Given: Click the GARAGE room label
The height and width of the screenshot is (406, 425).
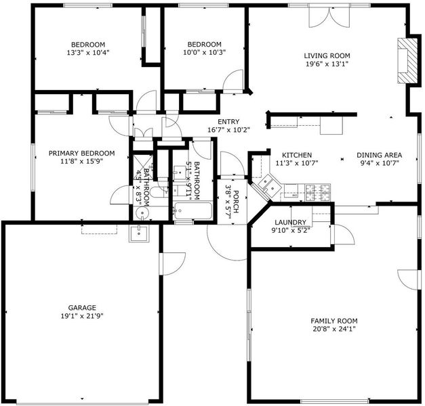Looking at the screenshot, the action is (x=82, y=308).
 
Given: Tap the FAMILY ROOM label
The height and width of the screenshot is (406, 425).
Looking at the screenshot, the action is (x=334, y=321).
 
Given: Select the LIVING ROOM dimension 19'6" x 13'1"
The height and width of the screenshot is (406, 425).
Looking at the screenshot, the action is (x=327, y=64).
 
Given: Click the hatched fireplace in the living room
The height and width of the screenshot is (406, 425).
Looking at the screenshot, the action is (x=407, y=61).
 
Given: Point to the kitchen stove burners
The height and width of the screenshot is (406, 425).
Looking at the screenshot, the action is (x=318, y=192).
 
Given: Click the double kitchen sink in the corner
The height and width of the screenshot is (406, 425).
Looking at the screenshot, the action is (x=269, y=185).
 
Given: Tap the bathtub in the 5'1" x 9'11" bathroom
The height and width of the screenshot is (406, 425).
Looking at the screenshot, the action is (x=193, y=211).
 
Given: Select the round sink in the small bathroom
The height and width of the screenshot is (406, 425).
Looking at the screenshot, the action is (x=142, y=212).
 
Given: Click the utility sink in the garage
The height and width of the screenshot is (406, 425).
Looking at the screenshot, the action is (x=139, y=233).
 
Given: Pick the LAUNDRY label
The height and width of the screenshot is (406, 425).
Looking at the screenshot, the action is (x=290, y=223).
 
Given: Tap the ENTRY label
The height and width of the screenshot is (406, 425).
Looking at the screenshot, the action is (x=228, y=122).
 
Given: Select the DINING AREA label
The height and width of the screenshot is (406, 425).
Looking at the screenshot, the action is (x=379, y=155).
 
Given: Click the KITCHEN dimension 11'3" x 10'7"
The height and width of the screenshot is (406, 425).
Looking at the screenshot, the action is (x=297, y=163).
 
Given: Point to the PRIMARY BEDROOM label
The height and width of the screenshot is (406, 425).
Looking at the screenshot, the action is (x=81, y=153).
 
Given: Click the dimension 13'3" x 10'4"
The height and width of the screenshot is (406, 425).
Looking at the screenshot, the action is (x=88, y=53).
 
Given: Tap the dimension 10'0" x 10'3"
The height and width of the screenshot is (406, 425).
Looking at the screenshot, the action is (x=205, y=52).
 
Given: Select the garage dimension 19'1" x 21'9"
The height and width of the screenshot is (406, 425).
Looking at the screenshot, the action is (x=82, y=316).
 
